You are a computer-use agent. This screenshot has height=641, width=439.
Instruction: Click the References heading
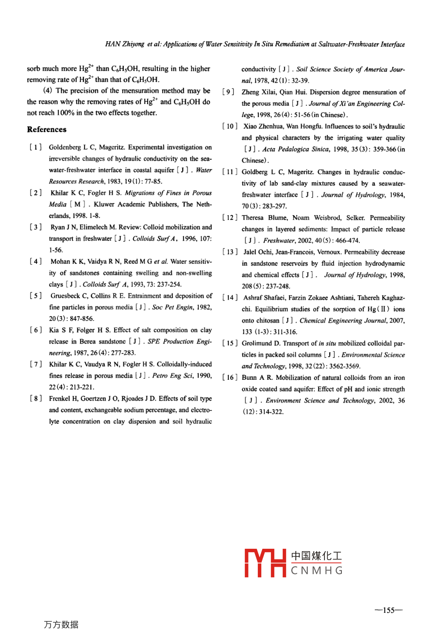click(47, 129)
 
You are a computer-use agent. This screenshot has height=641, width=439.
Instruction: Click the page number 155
click(389, 610)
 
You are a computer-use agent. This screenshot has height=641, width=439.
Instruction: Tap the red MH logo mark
click(265, 563)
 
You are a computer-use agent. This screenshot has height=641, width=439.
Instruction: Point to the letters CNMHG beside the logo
click(317, 571)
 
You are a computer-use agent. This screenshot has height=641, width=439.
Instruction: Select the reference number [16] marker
click(229, 377)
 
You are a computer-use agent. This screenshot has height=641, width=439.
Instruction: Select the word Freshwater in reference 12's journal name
click(279, 240)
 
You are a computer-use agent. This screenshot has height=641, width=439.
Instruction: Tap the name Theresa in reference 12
click(253, 218)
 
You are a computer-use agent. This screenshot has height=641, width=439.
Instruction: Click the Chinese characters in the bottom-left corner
click(61, 624)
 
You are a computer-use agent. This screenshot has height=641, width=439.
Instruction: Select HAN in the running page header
click(113, 44)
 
